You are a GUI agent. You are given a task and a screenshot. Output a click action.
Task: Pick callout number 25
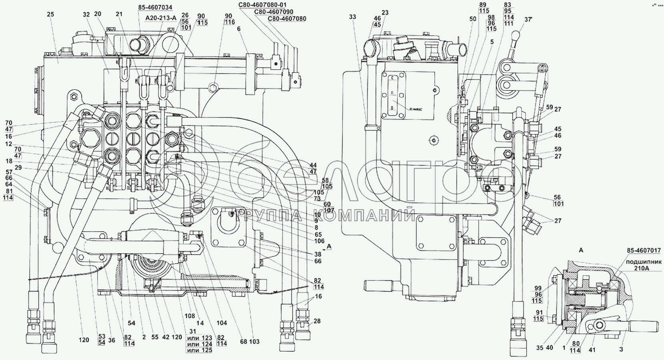click(50, 14)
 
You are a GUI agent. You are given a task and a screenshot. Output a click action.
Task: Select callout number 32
click(86, 14)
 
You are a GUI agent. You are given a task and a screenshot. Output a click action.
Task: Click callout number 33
click(352, 17)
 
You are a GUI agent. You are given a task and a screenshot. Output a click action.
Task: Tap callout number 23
click(385, 12)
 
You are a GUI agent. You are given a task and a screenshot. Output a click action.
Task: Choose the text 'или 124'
click(199, 344)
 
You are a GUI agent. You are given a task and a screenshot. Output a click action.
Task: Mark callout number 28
click(317, 321)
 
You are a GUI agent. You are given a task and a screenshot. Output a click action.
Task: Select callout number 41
click(592, 350)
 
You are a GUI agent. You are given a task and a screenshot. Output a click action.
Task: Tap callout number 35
click(540, 348)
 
